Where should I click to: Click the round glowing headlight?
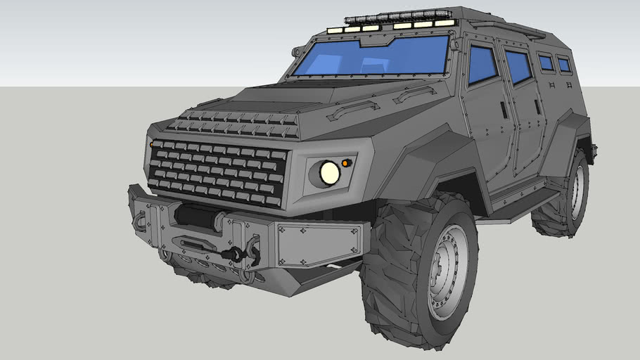click(x=329, y=173)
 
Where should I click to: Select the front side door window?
click(x=482, y=63)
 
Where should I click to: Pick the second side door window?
click(x=518, y=66)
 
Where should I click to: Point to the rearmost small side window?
click(x=564, y=65)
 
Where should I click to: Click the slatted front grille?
click(x=218, y=172)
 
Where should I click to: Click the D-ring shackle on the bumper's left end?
click(x=140, y=221)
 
